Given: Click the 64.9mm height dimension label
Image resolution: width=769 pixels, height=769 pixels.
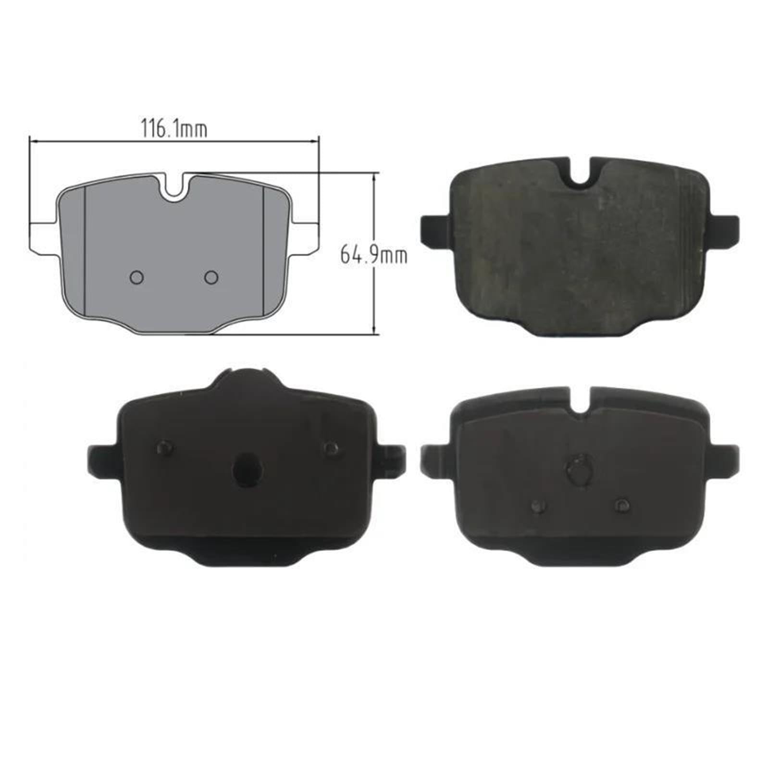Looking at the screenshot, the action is pyautogui.click(x=373, y=254).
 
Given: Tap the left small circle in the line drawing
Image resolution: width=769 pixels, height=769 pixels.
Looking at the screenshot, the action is pyautogui.click(x=137, y=277).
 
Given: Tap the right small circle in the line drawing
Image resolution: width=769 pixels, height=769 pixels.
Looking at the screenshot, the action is pyautogui.click(x=211, y=277).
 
